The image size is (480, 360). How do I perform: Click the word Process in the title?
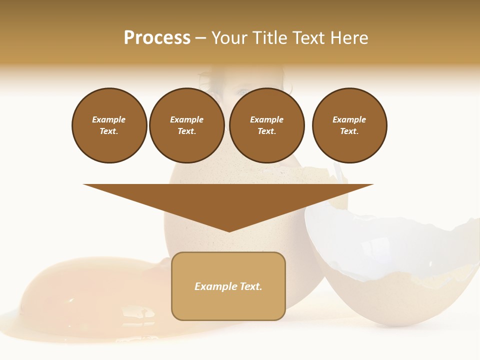[157, 38]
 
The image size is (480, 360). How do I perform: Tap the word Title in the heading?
[268, 38]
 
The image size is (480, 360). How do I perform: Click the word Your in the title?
[230, 38]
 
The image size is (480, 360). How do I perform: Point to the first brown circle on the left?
[109, 125]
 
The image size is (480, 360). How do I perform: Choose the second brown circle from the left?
[186, 125]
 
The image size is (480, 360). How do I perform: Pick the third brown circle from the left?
[267, 125]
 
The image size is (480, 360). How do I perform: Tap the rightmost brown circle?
[349, 125]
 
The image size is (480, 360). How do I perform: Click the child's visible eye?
[243, 92]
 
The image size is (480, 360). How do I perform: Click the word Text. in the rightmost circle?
[349, 131]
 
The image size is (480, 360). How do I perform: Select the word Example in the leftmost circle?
[109, 119]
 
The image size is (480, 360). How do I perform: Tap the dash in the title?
[201, 38]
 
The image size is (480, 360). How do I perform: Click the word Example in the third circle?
[267, 119]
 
